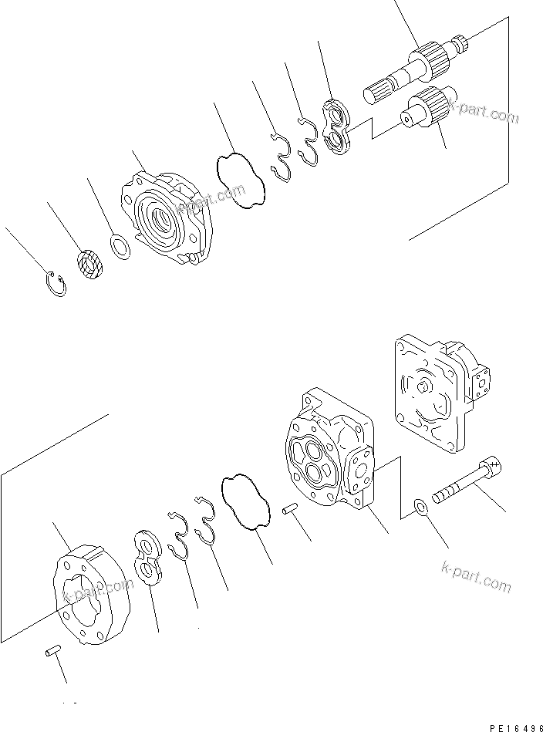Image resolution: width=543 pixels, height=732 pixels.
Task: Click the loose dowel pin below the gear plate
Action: (52, 653)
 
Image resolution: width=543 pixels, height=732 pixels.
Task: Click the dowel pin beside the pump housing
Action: (292, 508)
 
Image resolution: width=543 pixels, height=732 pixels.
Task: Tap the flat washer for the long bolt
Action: (420, 506)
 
